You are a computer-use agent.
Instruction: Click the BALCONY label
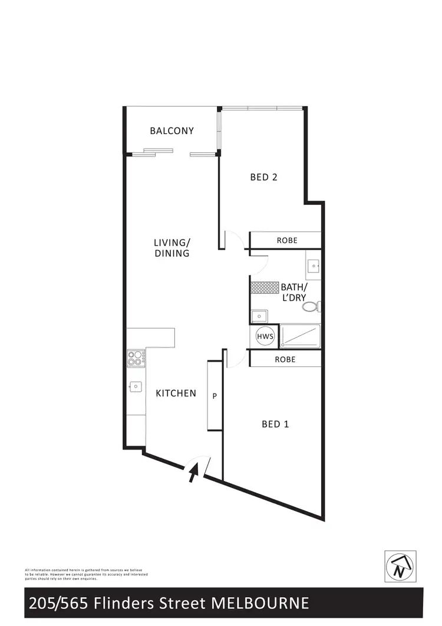point(171,131)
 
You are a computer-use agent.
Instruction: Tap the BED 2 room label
point(263,177)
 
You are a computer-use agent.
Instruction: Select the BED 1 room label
point(275,424)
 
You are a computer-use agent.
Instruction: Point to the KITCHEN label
point(176,393)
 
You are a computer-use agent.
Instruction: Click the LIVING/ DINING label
point(172,248)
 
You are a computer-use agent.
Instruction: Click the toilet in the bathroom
point(313,307)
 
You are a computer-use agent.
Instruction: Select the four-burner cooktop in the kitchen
point(136,358)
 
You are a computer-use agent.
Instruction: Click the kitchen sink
point(136,386)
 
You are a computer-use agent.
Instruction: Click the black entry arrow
point(193,473)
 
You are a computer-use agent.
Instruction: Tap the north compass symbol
point(400,566)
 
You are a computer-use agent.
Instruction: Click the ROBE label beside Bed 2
point(287,241)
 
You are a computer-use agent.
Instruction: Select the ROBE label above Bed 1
point(285,359)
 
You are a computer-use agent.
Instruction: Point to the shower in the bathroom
point(300,336)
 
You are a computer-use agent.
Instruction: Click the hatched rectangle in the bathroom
point(264,287)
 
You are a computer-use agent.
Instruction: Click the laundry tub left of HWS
point(259,316)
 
